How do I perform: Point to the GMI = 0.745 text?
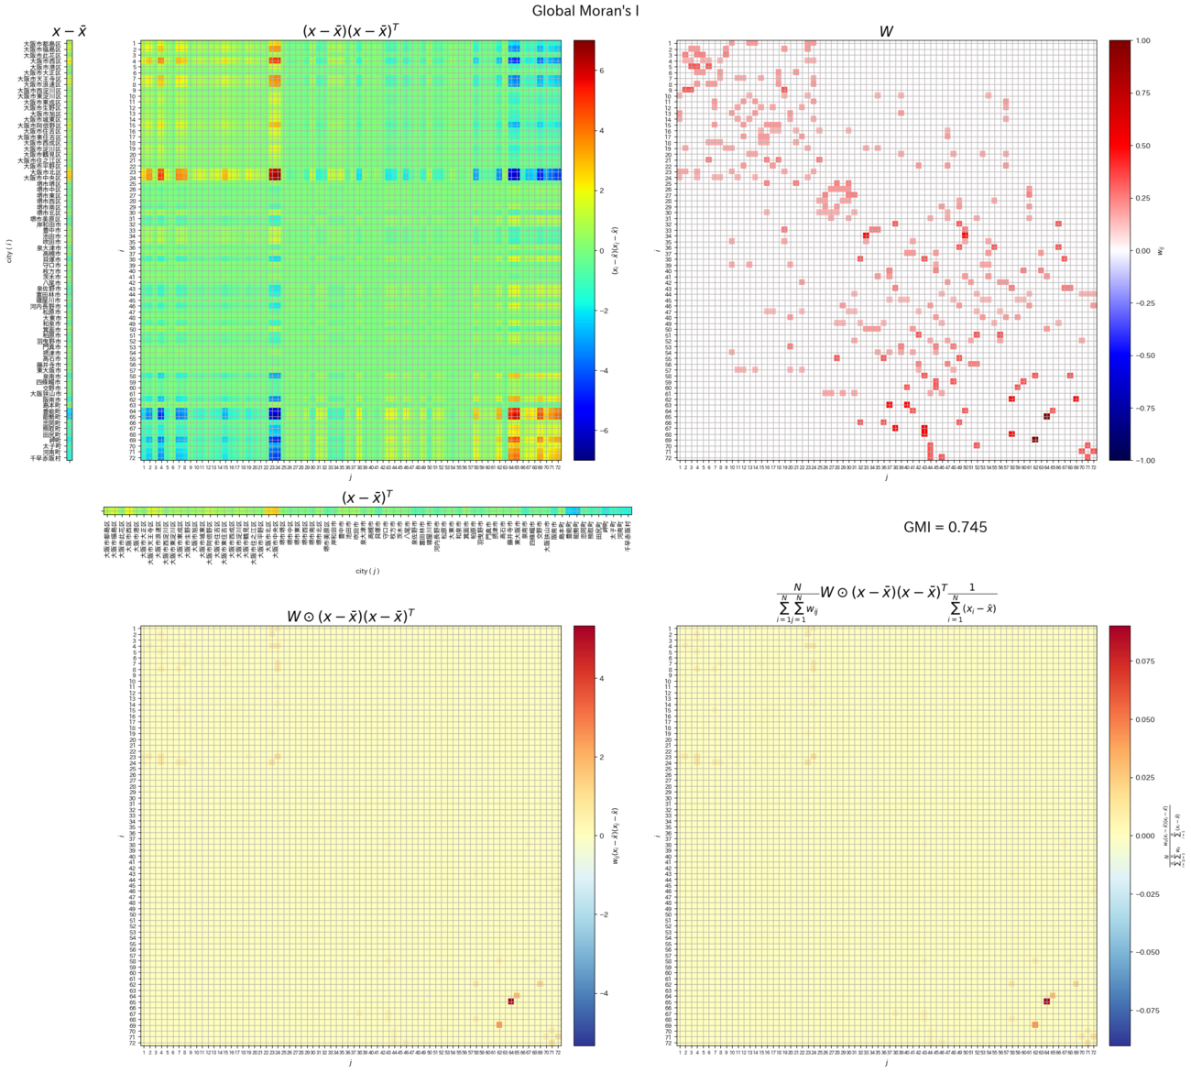coord(945,527)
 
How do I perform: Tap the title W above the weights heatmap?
coord(886,31)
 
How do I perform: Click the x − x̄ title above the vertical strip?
coord(70,31)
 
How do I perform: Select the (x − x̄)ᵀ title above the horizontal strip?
coord(367,498)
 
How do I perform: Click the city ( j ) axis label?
coord(367,571)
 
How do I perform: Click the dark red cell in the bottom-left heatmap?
coord(511,1001)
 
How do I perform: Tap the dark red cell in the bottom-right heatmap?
coord(1046,1001)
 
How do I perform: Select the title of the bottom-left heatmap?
coord(351,616)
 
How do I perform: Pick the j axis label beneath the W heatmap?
coord(886,477)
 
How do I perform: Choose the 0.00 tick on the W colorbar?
coord(1142,250)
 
